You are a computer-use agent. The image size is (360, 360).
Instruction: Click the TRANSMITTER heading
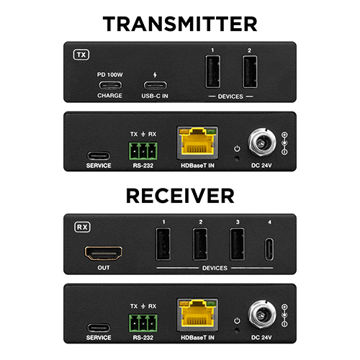pos(180,24)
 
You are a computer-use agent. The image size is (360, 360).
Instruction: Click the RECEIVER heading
pos(180,196)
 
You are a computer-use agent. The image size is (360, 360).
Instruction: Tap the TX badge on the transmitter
pos(81,55)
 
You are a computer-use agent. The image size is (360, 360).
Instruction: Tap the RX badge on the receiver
pos(82,227)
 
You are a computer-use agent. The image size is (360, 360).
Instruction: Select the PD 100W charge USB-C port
pos(110,85)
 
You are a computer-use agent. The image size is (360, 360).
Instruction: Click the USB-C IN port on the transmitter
pos(156,85)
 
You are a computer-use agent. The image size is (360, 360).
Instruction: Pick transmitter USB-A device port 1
pos(212,71)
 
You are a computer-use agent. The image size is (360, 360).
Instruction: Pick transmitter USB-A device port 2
pos(250,71)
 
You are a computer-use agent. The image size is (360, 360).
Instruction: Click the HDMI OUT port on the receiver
pos(104,253)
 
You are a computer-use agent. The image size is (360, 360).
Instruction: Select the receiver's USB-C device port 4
pos(269,249)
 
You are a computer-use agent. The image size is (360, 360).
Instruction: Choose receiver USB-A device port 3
pos(238,244)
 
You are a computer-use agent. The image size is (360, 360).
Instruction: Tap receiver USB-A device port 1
pos(163,244)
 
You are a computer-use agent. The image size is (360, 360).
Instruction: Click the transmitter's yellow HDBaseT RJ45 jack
pos(197,143)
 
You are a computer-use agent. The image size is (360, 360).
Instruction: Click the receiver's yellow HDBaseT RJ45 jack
pos(197,315)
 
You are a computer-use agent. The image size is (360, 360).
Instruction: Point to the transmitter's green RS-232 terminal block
pos(143,151)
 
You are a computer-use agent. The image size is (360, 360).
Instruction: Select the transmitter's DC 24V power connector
pos(262,143)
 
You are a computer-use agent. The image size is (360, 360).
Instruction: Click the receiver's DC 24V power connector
pos(262,315)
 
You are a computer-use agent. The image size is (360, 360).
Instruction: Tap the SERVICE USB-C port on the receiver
pos(99,328)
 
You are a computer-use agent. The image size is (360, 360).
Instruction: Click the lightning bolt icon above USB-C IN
pos(155,75)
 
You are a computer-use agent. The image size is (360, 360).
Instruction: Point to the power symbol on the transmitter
pos(237,148)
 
